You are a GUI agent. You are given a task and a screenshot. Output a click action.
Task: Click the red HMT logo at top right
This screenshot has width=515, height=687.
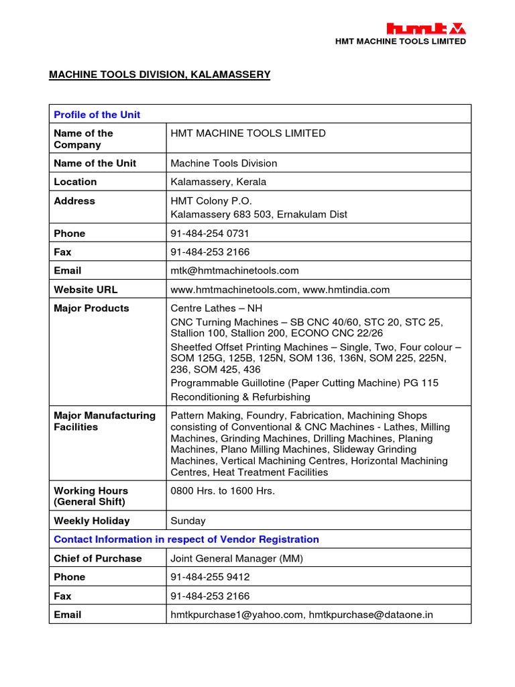(426, 28)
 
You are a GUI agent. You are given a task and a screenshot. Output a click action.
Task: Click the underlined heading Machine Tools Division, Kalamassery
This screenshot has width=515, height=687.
(160, 74)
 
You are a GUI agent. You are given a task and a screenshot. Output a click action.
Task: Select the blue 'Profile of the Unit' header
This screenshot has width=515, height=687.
(97, 115)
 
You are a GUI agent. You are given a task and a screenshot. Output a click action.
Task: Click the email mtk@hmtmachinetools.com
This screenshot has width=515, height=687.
(235, 271)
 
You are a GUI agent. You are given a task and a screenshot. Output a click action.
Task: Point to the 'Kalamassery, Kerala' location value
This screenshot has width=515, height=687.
(218, 182)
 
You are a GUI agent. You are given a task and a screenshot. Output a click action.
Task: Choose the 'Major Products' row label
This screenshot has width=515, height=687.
(91, 309)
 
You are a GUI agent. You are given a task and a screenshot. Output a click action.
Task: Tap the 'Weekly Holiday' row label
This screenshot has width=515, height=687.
(91, 521)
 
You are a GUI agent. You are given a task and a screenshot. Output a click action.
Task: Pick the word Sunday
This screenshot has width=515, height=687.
(188, 521)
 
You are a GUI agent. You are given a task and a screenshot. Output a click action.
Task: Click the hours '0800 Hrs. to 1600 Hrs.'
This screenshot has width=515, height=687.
(223, 491)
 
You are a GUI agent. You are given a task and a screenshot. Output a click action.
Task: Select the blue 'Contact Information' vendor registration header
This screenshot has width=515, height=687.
(186, 539)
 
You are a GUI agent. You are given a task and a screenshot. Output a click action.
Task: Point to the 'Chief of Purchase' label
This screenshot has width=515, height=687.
(97, 558)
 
